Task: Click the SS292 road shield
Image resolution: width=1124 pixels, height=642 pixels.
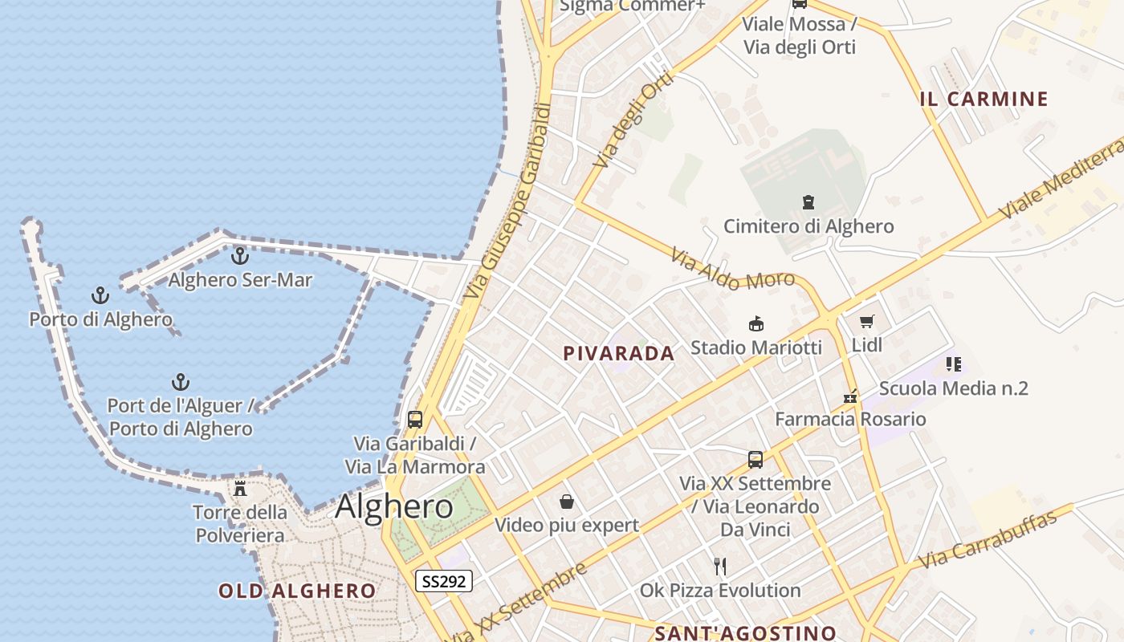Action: pyautogui.click(x=443, y=581)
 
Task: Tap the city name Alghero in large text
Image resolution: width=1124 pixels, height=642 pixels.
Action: pyautogui.click(x=394, y=506)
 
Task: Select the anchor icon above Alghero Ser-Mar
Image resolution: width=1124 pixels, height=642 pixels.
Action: pyautogui.click(x=239, y=256)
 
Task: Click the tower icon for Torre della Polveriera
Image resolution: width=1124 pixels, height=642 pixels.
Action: pyautogui.click(x=239, y=488)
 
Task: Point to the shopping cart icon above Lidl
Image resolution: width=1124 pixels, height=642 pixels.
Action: pyautogui.click(x=866, y=322)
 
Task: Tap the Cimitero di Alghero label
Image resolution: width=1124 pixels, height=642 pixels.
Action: pyautogui.click(x=808, y=226)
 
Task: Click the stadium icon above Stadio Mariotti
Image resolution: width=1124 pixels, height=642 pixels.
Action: pyautogui.click(x=755, y=324)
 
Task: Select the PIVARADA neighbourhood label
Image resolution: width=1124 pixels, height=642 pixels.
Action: pyautogui.click(x=619, y=353)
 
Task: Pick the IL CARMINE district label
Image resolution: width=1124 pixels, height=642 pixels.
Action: pyautogui.click(x=984, y=99)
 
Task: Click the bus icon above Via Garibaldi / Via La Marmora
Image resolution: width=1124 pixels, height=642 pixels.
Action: pyautogui.click(x=415, y=419)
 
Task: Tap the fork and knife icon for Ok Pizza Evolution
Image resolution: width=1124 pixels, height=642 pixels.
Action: pyautogui.click(x=720, y=567)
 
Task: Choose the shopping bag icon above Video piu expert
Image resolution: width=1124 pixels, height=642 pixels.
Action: pyautogui.click(x=567, y=502)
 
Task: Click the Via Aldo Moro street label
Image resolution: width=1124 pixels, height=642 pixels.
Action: pyautogui.click(x=732, y=270)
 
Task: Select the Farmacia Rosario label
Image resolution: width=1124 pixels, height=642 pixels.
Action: pyautogui.click(x=850, y=419)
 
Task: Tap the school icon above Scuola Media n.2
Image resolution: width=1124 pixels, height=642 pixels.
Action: pyautogui.click(x=953, y=364)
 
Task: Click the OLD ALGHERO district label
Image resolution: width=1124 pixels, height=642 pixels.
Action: pyautogui.click(x=297, y=591)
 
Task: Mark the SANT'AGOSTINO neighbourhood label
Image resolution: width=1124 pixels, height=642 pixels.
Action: pyautogui.click(x=746, y=633)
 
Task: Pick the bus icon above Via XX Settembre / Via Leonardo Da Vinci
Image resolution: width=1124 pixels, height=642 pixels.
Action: pyautogui.click(x=755, y=459)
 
